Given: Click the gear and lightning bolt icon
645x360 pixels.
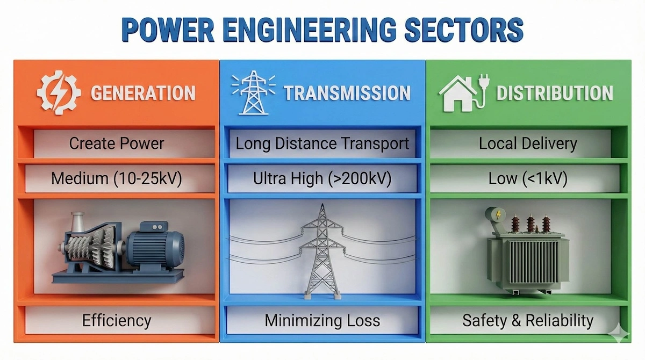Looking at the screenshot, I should (59, 92).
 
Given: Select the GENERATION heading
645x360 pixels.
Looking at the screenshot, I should (143, 93).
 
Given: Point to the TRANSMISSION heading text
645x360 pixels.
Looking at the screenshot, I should (347, 93).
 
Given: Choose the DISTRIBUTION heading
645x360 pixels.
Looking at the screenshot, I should (554, 93).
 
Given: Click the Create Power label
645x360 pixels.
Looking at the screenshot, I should (117, 144).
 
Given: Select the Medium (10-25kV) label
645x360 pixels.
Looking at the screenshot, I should (117, 178).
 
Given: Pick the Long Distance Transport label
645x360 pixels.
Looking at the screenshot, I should (322, 144).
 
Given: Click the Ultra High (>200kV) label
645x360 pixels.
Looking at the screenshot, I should (322, 178).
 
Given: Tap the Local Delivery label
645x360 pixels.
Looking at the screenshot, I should (528, 144).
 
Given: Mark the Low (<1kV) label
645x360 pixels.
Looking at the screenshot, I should (528, 178).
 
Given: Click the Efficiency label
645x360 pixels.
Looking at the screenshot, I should (117, 321).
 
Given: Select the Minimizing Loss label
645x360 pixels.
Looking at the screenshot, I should (322, 321).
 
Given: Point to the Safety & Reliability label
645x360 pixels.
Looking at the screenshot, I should (528, 321).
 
